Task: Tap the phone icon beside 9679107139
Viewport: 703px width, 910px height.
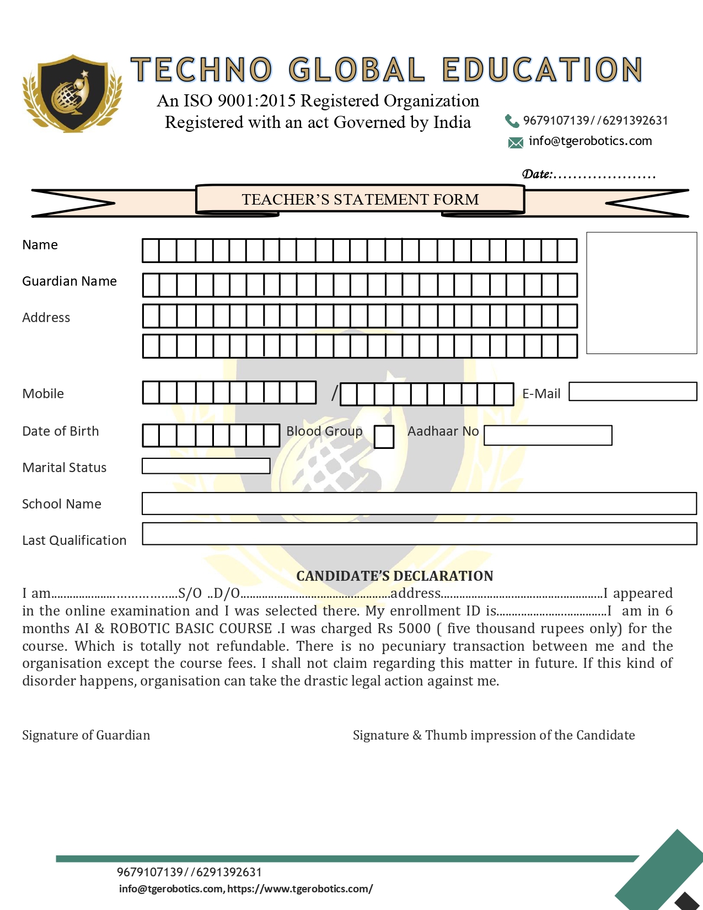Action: (x=511, y=121)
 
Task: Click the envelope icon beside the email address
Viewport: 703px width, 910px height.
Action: (x=515, y=143)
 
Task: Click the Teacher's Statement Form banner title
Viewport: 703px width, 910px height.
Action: (x=360, y=199)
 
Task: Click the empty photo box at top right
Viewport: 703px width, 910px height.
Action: (x=641, y=293)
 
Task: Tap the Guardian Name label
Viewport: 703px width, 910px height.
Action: (x=69, y=281)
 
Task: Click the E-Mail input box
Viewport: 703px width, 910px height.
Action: (x=632, y=392)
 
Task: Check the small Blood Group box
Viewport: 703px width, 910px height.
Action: (x=384, y=437)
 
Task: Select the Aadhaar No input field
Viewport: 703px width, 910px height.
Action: (x=548, y=435)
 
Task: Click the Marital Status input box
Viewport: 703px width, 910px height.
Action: (x=206, y=466)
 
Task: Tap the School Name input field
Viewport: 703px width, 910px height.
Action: (x=419, y=504)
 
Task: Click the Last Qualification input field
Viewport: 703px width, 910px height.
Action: (x=419, y=534)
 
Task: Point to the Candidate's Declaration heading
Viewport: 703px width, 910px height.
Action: (x=394, y=576)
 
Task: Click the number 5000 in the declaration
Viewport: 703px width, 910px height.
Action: (x=414, y=629)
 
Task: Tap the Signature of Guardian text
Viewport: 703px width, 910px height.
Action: (x=86, y=735)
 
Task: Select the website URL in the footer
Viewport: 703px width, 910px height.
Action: (x=300, y=888)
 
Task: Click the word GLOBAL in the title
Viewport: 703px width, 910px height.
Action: (x=357, y=70)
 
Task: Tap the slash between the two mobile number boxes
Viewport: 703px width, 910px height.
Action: (x=334, y=393)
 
